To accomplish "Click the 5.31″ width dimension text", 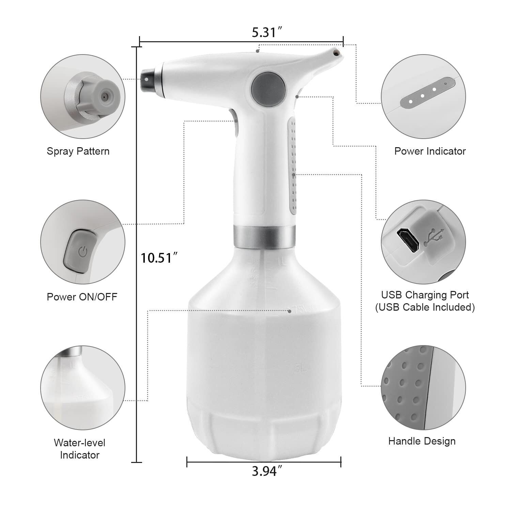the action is [x=267, y=32].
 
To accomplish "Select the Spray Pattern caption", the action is [x=78, y=151].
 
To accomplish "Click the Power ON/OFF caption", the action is [x=82, y=297].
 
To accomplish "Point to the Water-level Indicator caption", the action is [x=79, y=449].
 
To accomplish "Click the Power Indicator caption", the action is [x=430, y=151].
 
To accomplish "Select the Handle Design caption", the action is [x=422, y=441].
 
